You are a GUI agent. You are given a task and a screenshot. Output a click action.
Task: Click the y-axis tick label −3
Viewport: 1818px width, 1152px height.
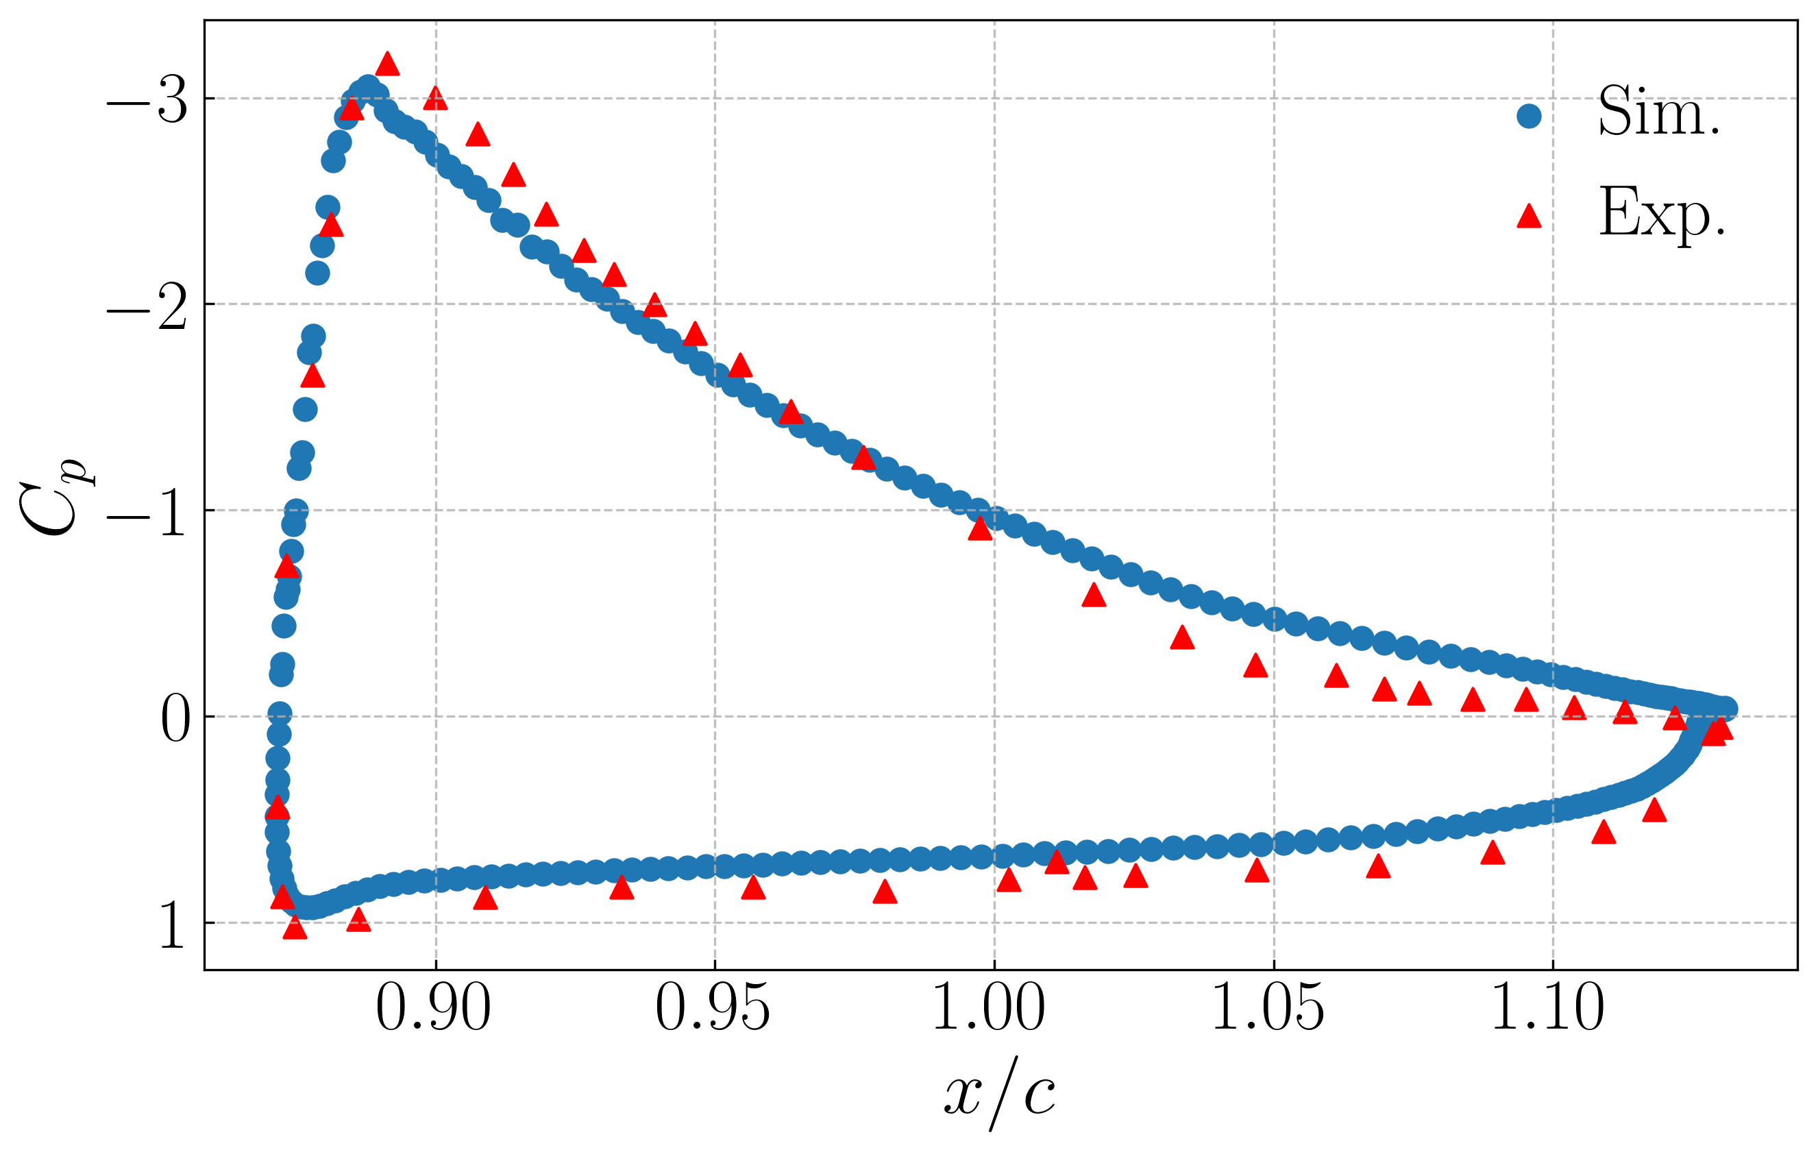pos(147,101)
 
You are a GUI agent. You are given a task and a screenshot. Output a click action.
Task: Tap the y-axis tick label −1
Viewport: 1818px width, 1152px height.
pos(147,514)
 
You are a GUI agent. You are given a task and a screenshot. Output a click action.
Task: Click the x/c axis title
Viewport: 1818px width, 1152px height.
pos(1000,1092)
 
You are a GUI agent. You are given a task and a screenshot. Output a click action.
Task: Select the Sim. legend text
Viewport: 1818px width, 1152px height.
pos(1660,112)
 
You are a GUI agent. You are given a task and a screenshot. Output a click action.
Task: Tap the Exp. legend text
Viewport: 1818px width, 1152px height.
pos(1662,213)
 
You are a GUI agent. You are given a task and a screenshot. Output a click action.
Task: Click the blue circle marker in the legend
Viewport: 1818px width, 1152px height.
pos(1529,117)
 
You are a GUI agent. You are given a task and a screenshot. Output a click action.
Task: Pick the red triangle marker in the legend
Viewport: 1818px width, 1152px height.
pos(1529,217)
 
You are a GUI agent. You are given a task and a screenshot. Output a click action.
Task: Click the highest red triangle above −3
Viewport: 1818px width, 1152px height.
pos(387,65)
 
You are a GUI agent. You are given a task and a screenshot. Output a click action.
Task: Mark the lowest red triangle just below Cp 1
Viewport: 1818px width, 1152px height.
pos(295,929)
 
